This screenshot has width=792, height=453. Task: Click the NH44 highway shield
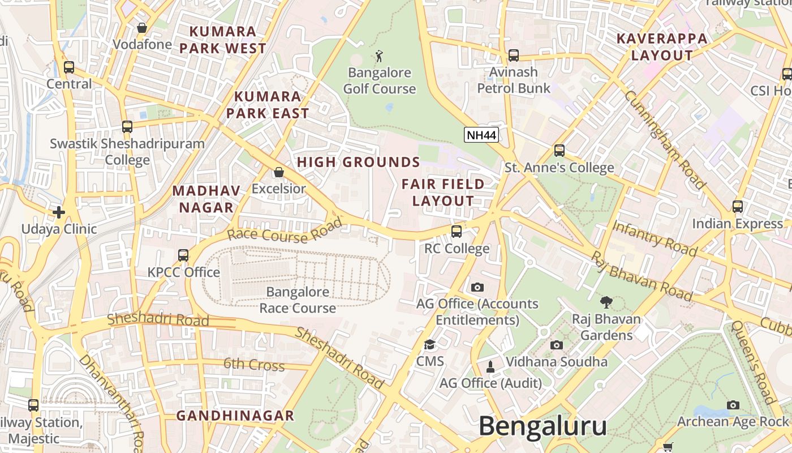point(481,135)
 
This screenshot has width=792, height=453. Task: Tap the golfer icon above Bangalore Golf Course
point(379,56)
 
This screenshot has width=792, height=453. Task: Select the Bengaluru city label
point(543,426)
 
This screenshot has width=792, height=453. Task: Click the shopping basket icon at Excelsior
point(278,172)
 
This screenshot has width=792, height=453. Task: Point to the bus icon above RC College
point(457,232)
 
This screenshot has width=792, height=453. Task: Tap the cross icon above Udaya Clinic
point(59,212)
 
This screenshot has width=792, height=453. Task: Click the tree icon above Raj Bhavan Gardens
point(606,302)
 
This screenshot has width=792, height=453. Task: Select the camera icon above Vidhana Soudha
point(557,345)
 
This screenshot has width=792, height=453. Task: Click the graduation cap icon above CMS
point(430,345)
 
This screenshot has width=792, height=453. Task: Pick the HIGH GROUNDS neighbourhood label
point(359,163)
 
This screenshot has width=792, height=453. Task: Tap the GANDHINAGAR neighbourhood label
point(235,416)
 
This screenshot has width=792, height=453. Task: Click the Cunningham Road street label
point(665,139)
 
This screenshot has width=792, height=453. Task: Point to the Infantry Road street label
point(655,238)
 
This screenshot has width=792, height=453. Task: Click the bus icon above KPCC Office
point(183,255)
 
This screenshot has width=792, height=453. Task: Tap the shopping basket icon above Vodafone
point(142,28)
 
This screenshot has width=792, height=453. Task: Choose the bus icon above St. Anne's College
point(559,151)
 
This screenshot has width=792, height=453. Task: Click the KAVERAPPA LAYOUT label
point(662,47)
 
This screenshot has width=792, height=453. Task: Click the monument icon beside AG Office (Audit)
point(490,367)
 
